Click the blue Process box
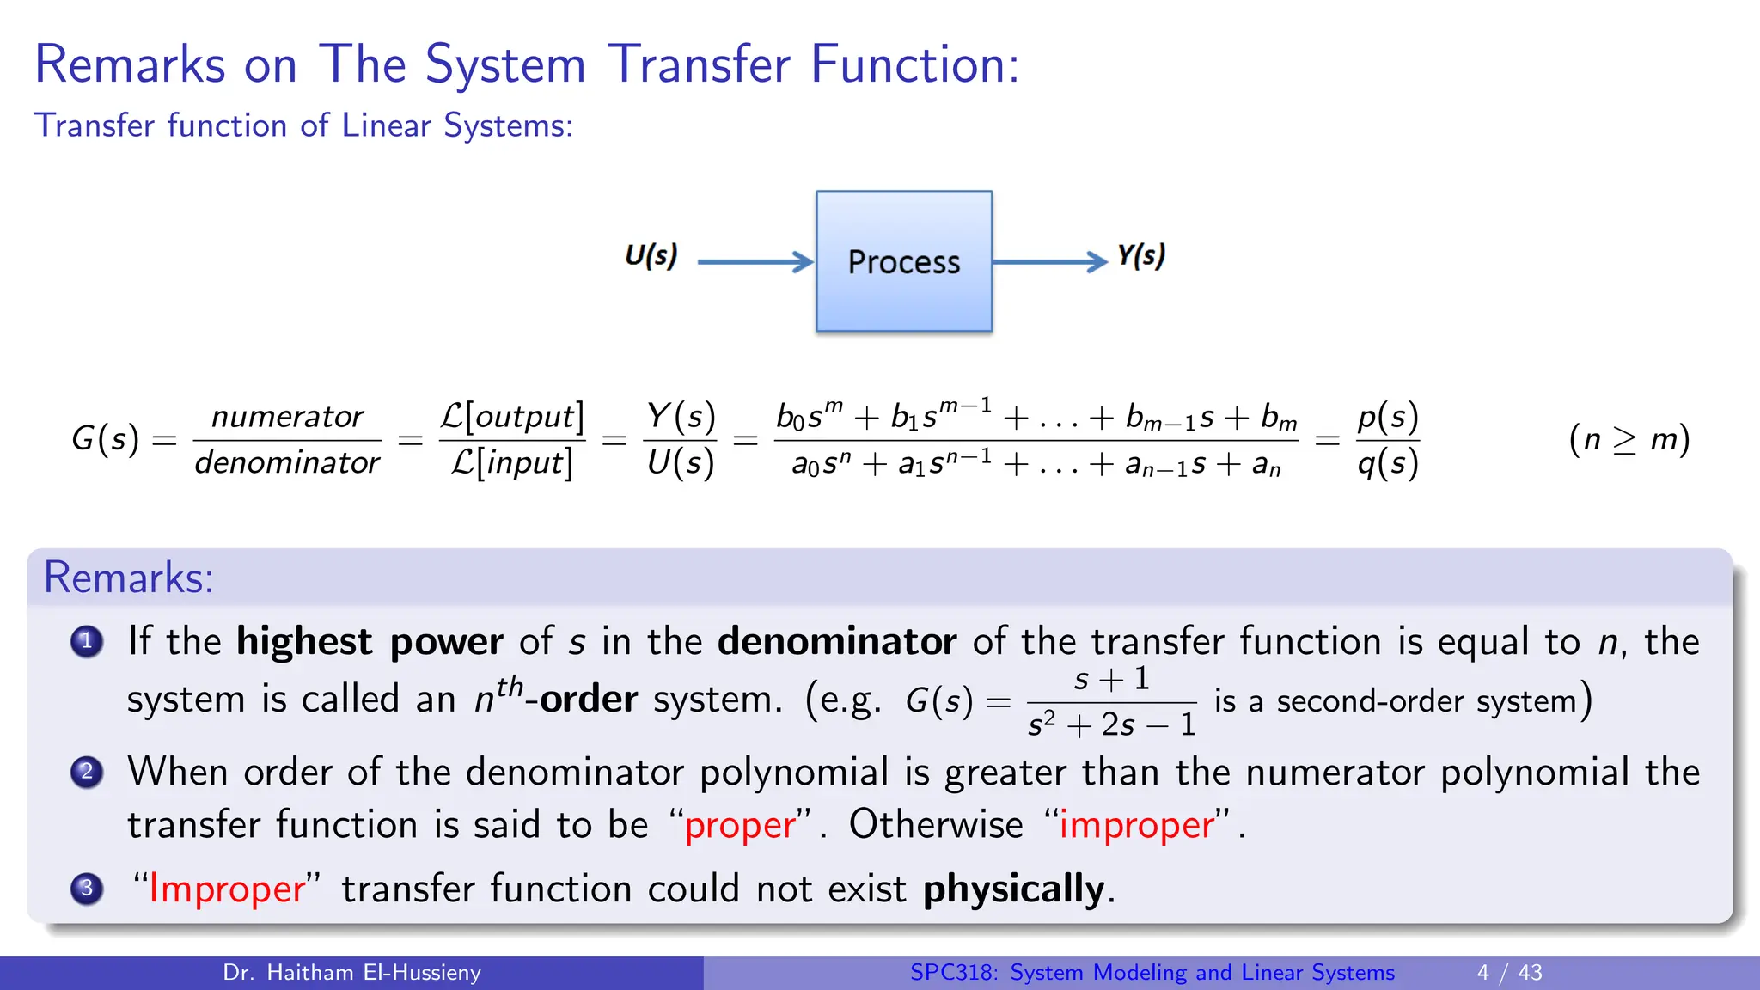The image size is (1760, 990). (903, 261)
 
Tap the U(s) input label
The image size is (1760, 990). (651, 255)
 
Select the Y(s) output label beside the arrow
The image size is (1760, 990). (1140, 255)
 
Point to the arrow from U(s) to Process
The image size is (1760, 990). (755, 261)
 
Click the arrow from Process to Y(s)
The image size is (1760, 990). (1049, 261)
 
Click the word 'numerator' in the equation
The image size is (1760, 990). (287, 417)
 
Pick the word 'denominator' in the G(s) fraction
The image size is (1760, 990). (287, 463)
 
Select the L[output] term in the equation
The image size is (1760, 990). (512, 417)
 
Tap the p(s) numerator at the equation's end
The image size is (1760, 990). (1387, 417)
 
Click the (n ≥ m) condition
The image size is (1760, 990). (1629, 439)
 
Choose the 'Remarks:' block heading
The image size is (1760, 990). (128, 577)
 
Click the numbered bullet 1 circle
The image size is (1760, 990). (87, 641)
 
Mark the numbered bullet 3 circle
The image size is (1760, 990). (87, 889)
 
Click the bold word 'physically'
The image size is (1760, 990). (1013, 889)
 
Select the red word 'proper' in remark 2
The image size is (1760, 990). (740, 826)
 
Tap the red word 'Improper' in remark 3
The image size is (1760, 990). (227, 889)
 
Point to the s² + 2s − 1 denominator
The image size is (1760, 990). (1111, 725)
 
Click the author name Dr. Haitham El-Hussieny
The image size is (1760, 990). (351, 973)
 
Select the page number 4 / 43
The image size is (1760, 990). (1509, 973)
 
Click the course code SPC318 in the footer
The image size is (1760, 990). (952, 973)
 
